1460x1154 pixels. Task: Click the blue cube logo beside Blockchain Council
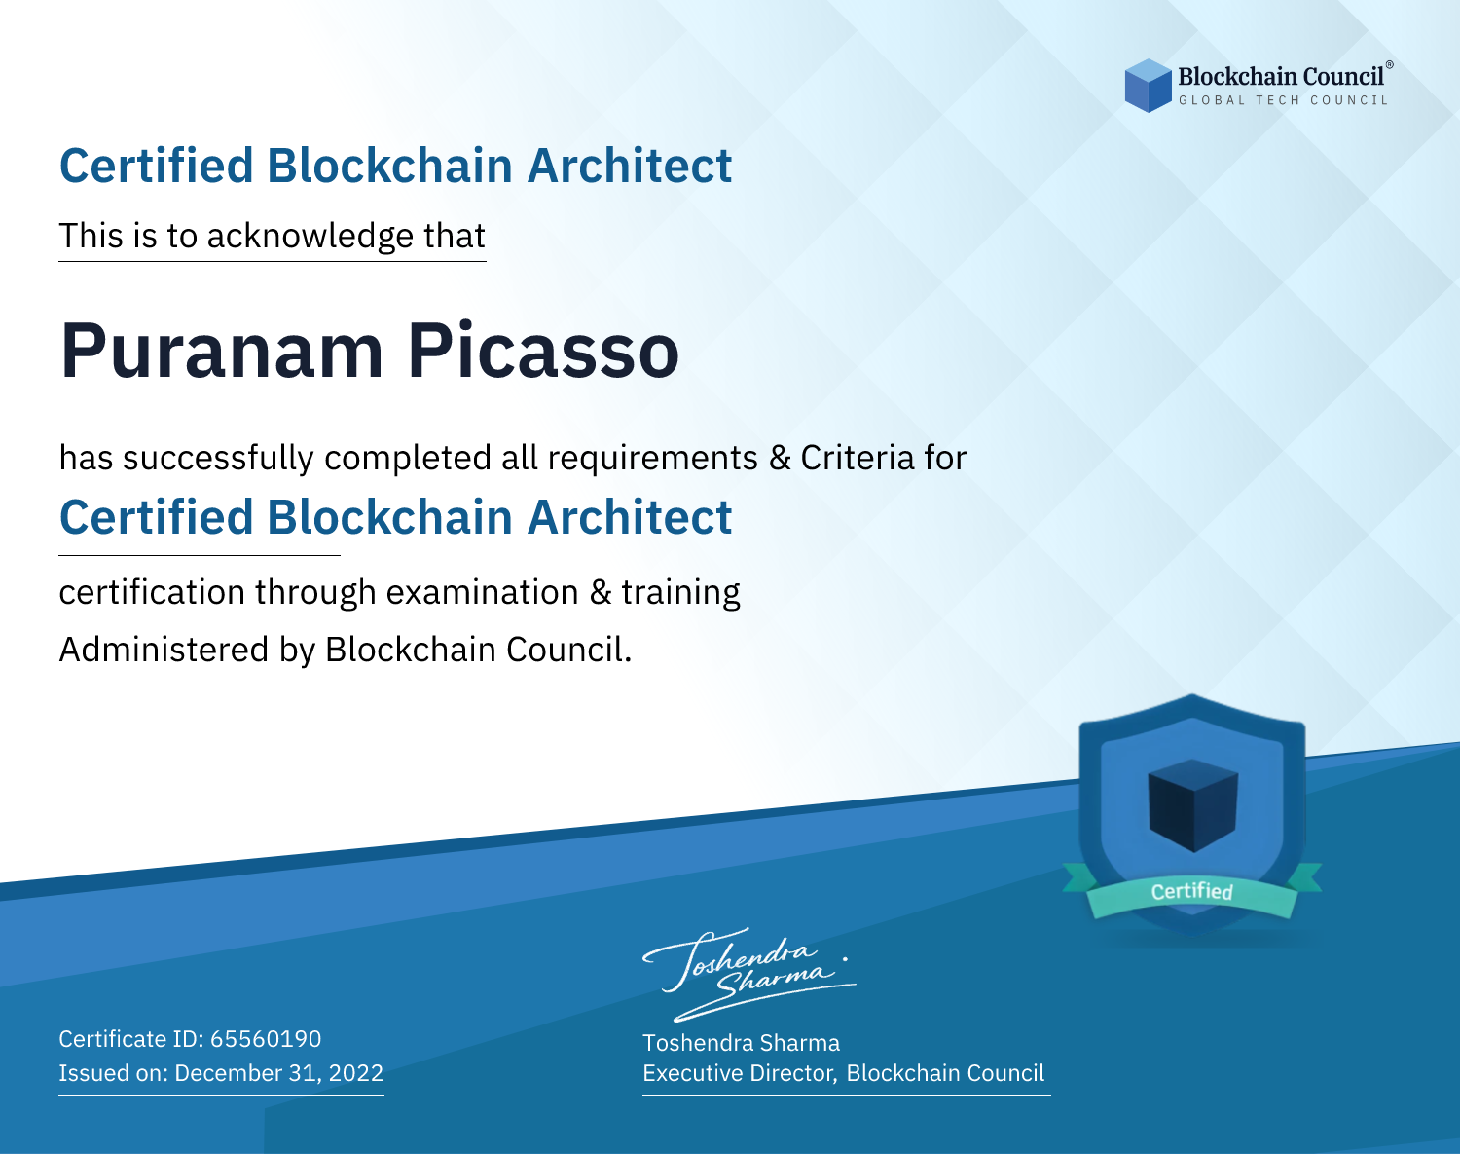point(1148,86)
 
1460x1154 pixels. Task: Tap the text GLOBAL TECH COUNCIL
point(1283,100)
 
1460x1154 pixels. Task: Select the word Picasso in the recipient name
point(543,351)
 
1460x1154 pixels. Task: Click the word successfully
point(218,459)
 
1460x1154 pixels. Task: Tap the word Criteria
point(857,458)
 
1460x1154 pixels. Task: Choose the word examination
point(483,592)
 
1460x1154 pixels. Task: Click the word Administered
point(164,650)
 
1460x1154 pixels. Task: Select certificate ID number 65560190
point(266,1039)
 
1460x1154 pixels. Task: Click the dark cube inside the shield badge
point(1192,805)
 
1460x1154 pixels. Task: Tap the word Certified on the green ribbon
point(1192,891)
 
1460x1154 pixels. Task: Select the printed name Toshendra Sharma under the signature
point(742,1043)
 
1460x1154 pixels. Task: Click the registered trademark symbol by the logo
point(1389,65)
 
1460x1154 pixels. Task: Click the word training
point(681,593)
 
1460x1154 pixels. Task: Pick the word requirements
point(653,459)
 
